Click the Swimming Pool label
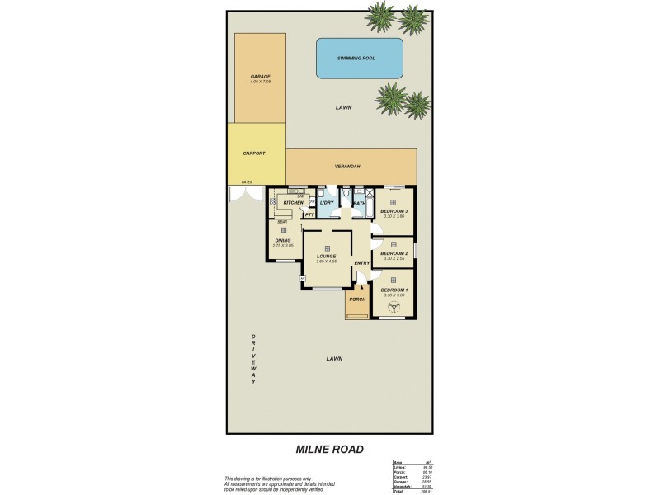(359, 59)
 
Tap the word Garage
(260, 77)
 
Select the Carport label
(254, 153)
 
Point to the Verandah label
(346, 166)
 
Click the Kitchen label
(294, 202)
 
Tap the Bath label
(360, 203)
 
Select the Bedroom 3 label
(394, 212)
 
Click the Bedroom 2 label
(394, 253)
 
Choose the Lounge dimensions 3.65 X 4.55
(327, 262)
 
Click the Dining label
(283, 241)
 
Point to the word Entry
(362, 263)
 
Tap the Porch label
(357, 299)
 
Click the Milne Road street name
(330, 450)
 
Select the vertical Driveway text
(254, 359)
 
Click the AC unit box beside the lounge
(303, 279)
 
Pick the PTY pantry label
(310, 214)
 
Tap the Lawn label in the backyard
(344, 108)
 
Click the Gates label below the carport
(246, 182)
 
